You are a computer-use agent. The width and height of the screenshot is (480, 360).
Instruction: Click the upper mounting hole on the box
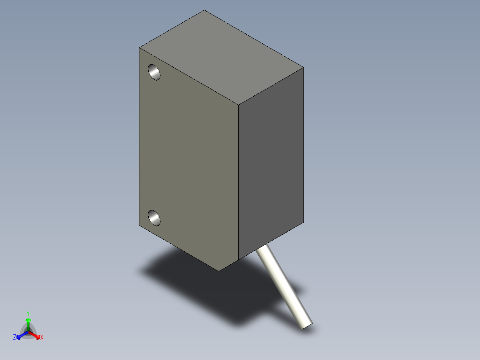coord(154,72)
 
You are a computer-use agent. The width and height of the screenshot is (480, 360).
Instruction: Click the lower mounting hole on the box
coord(154,217)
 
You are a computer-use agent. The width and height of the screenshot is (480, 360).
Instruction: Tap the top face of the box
coord(221,58)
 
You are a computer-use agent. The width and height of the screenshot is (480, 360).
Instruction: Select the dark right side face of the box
coord(271,165)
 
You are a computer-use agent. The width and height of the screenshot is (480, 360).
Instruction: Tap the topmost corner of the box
coord(204,10)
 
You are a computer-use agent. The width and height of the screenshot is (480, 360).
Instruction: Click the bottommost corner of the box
coord(218,270)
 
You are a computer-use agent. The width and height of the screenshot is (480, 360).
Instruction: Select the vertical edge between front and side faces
coord(239,183)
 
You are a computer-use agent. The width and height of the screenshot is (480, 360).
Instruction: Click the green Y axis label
coord(28,313)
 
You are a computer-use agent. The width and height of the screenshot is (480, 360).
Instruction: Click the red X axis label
coord(42,338)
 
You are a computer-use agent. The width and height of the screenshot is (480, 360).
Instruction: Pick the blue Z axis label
coord(15,338)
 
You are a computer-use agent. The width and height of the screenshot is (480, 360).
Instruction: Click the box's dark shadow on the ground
coord(200,285)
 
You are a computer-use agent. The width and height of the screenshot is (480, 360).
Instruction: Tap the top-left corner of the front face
coord(139,48)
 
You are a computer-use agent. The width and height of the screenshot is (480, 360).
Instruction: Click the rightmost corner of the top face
coord(303,68)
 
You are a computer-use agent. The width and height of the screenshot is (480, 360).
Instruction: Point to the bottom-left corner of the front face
coord(139,225)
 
